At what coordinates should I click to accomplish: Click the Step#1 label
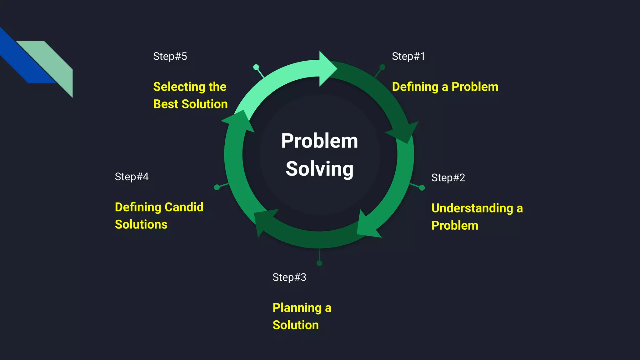(408, 57)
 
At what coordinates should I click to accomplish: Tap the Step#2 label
(448, 178)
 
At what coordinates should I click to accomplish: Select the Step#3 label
(289, 277)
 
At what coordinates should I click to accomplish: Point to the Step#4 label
(132, 177)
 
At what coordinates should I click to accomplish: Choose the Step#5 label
(170, 57)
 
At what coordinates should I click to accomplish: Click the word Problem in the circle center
(319, 141)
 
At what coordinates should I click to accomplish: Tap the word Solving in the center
(319, 169)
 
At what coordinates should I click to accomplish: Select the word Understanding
(472, 208)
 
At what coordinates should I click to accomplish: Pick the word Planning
(297, 308)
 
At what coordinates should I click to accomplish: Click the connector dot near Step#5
(256, 67)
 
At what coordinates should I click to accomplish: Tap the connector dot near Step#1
(382, 67)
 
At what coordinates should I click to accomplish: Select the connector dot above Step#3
(319, 263)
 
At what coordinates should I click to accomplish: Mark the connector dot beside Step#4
(217, 187)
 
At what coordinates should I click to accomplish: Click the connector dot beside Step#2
(422, 188)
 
